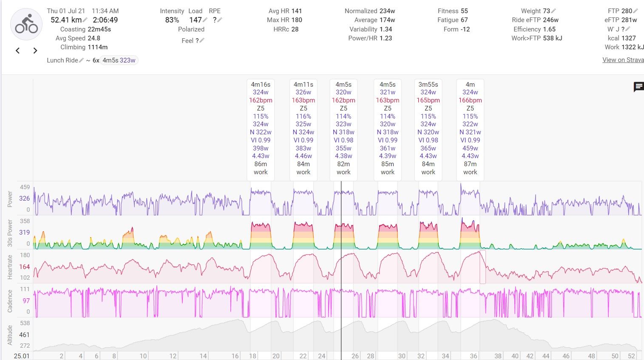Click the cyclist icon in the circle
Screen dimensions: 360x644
[26, 24]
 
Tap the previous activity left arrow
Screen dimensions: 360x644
[18, 51]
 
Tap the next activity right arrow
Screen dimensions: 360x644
[35, 51]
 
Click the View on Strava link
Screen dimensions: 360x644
[623, 60]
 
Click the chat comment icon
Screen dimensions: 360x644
[638, 87]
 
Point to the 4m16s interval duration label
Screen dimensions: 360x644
[261, 85]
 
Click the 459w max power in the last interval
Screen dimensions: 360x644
[470, 148]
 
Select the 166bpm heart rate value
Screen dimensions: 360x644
[470, 100]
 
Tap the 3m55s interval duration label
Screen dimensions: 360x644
[428, 85]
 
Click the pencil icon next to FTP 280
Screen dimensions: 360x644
[635, 11]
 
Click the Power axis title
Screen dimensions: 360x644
[10, 199]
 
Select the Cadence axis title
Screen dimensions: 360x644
[10, 301]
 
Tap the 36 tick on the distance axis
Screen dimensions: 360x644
[474, 356]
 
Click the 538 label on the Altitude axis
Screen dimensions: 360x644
[25, 323]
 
